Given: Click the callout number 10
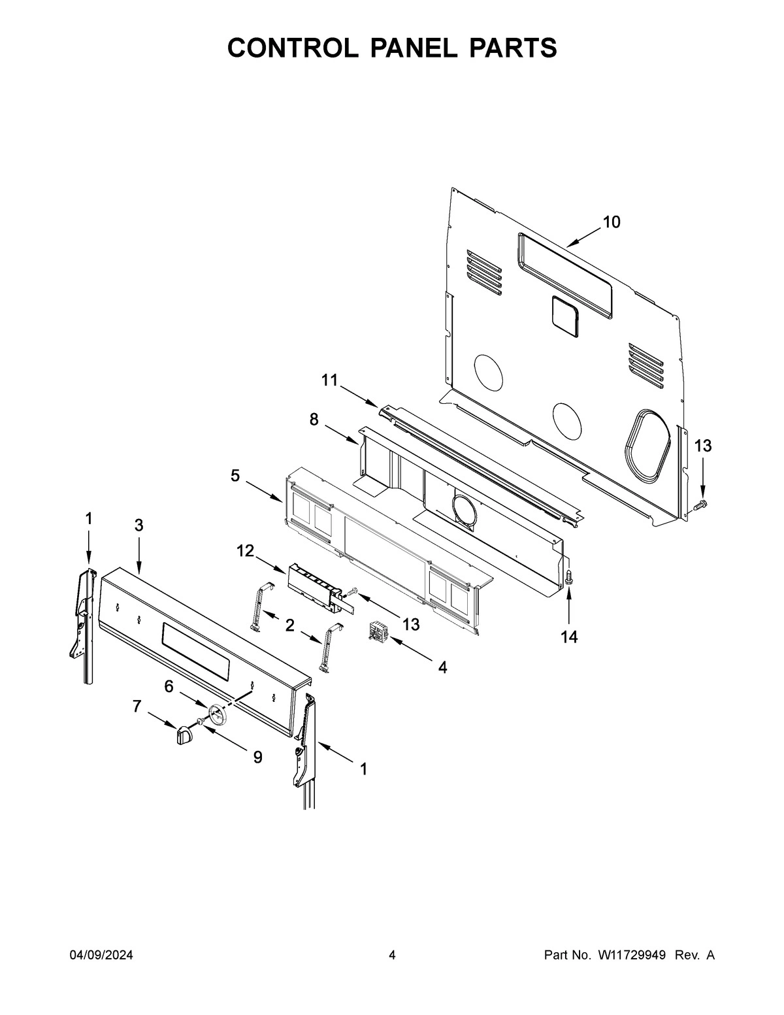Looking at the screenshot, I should (611, 222).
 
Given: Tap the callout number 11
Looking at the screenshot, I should (330, 380).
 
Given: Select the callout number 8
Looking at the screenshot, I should (314, 420).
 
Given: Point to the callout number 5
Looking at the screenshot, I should (235, 476).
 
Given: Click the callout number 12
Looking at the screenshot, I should (245, 551).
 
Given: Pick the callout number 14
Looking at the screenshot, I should (569, 636).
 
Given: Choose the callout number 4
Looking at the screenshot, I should (442, 667).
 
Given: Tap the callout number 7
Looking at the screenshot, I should (137, 706).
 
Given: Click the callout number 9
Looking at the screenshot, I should (257, 757).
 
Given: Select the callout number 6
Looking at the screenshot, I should (169, 686).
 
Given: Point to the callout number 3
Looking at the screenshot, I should (139, 525).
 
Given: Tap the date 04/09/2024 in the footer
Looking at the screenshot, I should (101, 956).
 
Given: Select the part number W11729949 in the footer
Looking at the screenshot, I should (631, 956).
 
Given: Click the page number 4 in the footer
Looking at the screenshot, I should (392, 956).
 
